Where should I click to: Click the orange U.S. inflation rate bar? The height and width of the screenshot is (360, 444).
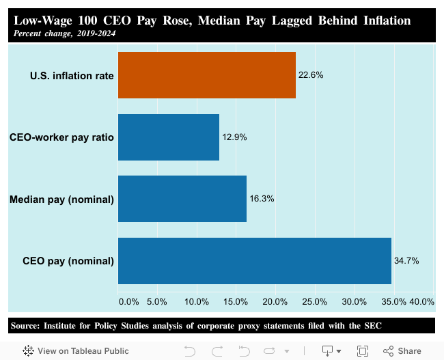[206, 75]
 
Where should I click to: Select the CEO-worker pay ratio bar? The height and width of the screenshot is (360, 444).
[168, 137]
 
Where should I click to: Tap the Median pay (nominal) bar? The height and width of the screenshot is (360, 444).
[182, 199]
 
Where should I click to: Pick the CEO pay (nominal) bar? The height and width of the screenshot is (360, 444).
[254, 261]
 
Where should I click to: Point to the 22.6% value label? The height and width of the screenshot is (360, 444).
[311, 75]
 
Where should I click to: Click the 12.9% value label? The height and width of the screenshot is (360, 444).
[234, 137]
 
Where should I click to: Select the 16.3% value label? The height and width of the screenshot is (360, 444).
[262, 199]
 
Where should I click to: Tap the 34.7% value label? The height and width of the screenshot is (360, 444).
[406, 261]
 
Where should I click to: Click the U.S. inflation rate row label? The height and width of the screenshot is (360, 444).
[72, 75]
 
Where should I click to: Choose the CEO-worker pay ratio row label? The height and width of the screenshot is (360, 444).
[61, 137]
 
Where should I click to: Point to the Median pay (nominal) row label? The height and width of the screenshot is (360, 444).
[61, 199]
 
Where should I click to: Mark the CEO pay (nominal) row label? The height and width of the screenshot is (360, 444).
[68, 261]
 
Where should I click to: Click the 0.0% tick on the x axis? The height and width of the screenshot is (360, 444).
[128, 301]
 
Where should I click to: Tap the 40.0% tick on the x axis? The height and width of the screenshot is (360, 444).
[422, 301]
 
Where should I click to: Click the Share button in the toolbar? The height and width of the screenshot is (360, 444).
[402, 350]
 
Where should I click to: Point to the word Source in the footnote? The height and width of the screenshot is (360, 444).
[25, 325]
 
